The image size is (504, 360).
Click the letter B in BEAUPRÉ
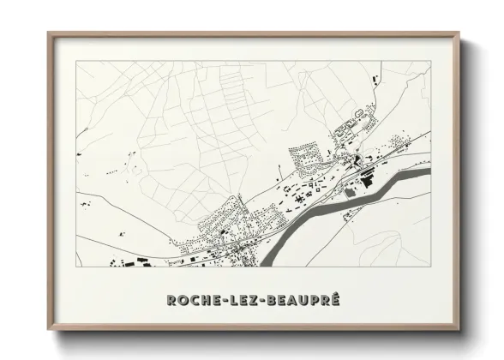280,300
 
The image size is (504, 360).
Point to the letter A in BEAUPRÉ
302,300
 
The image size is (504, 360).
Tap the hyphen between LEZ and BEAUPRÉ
270,301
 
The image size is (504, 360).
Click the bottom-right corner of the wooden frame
460,328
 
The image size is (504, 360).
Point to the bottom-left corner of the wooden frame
49,328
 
